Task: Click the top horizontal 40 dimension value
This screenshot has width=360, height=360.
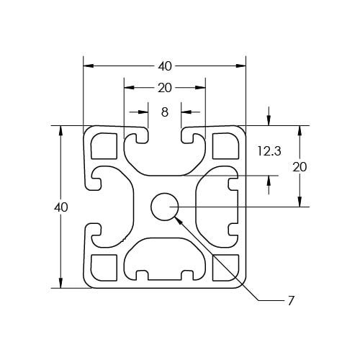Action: click(x=165, y=66)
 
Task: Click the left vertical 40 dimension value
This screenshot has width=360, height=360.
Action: click(x=61, y=207)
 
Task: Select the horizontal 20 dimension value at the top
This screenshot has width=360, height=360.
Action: click(x=165, y=88)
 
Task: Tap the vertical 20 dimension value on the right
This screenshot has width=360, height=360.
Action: click(x=300, y=167)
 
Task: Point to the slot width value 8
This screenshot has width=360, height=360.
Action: click(x=165, y=112)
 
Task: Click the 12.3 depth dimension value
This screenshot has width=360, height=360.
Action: click(x=269, y=151)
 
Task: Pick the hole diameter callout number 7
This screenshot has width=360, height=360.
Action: click(x=291, y=301)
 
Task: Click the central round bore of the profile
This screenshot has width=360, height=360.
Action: click(x=164, y=207)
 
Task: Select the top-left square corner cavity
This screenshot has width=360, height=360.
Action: click(x=104, y=145)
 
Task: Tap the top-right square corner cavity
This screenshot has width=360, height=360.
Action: click(x=226, y=145)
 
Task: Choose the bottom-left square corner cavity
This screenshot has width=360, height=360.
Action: click(x=104, y=268)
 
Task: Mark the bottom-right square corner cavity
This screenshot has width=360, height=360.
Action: click(x=226, y=268)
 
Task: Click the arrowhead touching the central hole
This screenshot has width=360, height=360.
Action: click(x=178, y=220)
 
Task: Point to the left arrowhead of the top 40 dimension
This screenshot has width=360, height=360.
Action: click(x=88, y=66)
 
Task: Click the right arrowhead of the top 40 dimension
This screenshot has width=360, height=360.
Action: click(x=241, y=66)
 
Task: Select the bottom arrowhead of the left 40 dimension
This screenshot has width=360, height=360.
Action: click(x=60, y=283)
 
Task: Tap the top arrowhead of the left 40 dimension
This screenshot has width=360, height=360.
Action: click(x=60, y=130)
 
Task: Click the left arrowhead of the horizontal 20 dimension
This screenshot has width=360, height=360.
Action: click(x=129, y=88)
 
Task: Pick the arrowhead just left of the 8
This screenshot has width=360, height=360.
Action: click(x=143, y=112)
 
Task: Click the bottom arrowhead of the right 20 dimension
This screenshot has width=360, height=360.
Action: click(x=300, y=202)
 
